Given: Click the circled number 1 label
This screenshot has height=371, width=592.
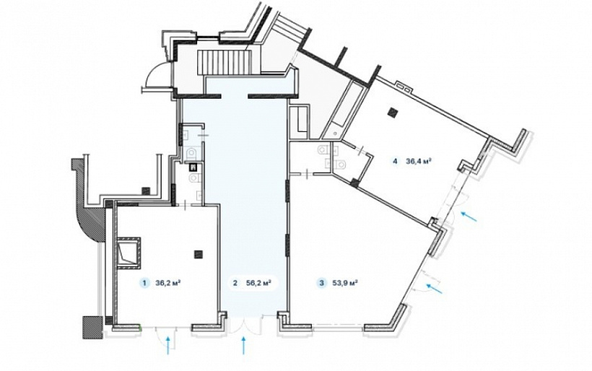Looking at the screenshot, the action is (x=144, y=283).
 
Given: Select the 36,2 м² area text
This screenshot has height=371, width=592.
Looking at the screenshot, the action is (x=167, y=283).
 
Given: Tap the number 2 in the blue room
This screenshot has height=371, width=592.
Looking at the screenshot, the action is (x=235, y=283).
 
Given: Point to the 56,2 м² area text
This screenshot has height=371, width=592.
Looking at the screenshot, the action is (x=258, y=283).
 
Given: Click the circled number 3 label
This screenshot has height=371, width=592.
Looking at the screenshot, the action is (x=322, y=283).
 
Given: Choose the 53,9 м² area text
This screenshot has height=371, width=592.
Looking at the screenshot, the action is (x=345, y=283).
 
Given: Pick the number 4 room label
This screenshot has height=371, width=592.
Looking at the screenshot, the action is (x=395, y=161).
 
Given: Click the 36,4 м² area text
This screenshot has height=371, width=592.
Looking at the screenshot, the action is (x=419, y=161).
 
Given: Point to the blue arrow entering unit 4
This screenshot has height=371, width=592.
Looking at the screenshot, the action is (x=469, y=217).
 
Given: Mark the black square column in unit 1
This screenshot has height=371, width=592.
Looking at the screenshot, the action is (x=199, y=254).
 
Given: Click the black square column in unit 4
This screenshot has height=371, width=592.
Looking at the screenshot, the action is (x=394, y=113).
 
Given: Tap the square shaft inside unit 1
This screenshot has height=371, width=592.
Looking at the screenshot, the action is (x=129, y=253).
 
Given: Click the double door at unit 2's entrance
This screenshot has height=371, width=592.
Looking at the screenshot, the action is (x=245, y=325).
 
